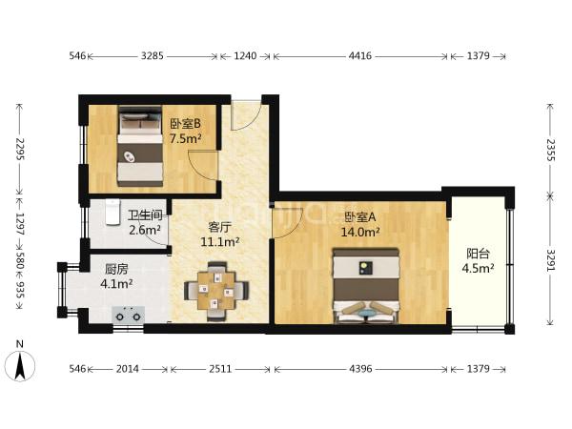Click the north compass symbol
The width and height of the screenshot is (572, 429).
click(20, 365)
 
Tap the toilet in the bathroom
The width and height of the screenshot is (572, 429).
click(112, 212)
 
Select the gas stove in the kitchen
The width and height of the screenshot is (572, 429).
click(128, 315)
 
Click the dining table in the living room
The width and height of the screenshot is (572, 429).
click(216, 291)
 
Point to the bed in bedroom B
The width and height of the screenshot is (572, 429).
click(140, 146)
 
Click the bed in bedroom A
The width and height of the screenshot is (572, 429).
click(366, 286)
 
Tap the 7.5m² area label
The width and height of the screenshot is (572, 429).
click(186, 138)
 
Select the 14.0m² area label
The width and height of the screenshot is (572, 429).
click(360, 232)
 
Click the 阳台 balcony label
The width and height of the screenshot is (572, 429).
click(478, 254)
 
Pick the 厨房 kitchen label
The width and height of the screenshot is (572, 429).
click(116, 270)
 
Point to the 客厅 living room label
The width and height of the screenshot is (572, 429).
click(219, 227)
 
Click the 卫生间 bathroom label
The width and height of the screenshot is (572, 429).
click(145, 215)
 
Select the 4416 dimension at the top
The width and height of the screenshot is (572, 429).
click(360, 56)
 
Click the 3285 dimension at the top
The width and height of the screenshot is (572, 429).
click(153, 56)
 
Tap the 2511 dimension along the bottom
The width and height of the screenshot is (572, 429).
click(220, 369)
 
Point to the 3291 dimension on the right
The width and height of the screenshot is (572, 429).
click(550, 260)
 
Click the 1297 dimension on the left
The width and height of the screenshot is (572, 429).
click(20, 224)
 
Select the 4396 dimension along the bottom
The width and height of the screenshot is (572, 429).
click(360, 369)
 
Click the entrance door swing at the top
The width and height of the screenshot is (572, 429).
click(246, 115)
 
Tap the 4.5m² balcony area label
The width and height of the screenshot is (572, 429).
click(478, 269)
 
